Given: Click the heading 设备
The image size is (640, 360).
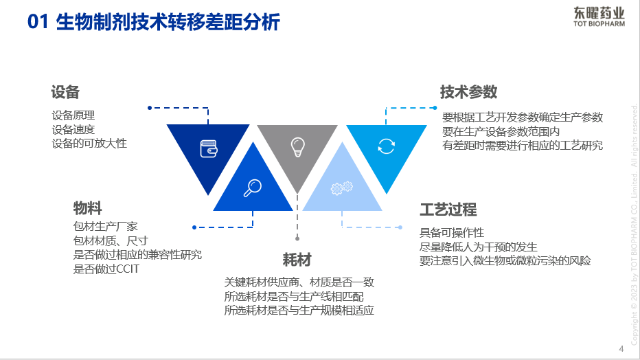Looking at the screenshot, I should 65,92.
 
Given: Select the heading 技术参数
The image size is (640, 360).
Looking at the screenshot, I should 468,92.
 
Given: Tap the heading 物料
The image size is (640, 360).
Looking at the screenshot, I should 88,207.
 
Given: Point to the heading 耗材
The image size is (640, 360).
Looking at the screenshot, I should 297,260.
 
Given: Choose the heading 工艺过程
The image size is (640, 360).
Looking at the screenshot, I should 448,210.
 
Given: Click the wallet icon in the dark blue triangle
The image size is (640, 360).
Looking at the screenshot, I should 209,148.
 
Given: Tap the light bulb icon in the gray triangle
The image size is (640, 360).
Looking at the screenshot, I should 297,146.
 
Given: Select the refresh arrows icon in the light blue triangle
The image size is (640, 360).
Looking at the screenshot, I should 387,146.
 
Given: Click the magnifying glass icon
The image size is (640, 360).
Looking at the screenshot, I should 253,187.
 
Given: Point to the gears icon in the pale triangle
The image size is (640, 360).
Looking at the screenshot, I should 341,187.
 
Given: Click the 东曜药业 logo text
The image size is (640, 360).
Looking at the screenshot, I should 599,12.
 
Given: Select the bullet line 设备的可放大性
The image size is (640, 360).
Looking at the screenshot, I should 89,144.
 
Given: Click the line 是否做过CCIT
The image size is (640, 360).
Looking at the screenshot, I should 106,269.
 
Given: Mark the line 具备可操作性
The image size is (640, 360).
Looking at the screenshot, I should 452,233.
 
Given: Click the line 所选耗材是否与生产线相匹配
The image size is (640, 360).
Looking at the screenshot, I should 294,296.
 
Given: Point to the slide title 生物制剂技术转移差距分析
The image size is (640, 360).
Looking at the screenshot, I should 168,22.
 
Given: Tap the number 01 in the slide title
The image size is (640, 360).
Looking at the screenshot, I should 38,22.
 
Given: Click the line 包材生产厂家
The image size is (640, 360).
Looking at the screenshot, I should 106,225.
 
